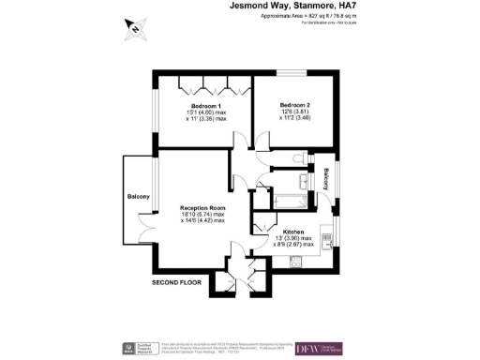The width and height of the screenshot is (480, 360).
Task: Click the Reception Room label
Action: coord(204,207)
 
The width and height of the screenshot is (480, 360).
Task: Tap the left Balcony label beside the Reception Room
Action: coord(140,196)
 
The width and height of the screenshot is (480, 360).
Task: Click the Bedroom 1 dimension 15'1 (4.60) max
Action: coord(204,114)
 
